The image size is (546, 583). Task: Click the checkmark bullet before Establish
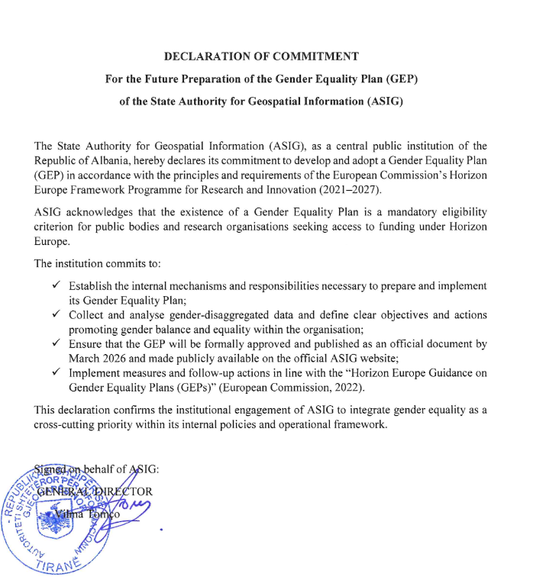pos(57,285)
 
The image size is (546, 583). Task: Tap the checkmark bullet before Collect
pos(57,314)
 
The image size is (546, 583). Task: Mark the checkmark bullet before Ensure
pos(57,343)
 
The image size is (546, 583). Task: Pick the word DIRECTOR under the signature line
pos(124,491)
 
